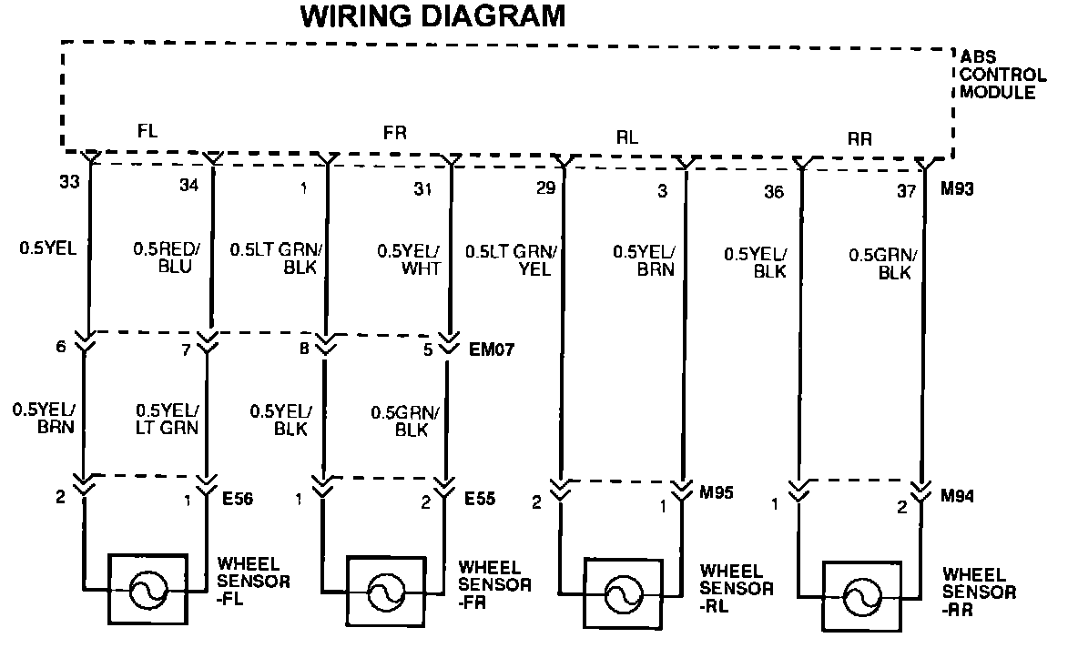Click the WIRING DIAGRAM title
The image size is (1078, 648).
tap(432, 15)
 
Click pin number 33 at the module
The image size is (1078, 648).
tap(69, 182)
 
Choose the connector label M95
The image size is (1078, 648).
tap(717, 494)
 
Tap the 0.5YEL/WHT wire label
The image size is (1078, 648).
tap(411, 260)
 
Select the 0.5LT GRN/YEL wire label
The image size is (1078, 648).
tap(515, 260)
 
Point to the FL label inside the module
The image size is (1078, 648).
tap(147, 131)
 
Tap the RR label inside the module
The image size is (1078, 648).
tap(859, 138)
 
